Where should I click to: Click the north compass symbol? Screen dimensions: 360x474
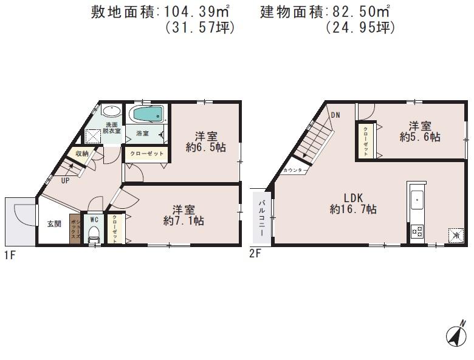tap(456, 333)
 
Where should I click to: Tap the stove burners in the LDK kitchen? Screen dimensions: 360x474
tap(417, 231)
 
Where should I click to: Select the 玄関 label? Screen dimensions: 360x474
tap(53, 223)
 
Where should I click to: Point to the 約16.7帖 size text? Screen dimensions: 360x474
tap(353, 209)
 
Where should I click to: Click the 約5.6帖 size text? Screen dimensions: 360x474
tap(420, 138)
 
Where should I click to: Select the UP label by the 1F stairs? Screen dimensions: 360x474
tap(64, 180)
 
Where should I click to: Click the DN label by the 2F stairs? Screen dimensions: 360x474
tap(335, 114)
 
